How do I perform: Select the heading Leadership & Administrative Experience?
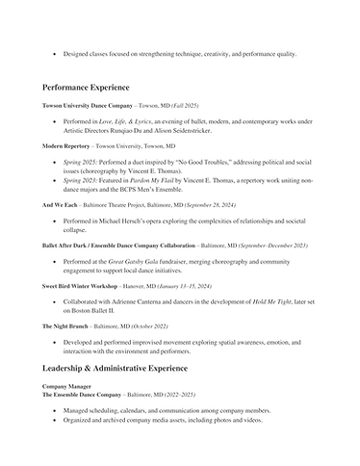pos(130,369)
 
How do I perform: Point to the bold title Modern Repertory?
pos(64,145)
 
